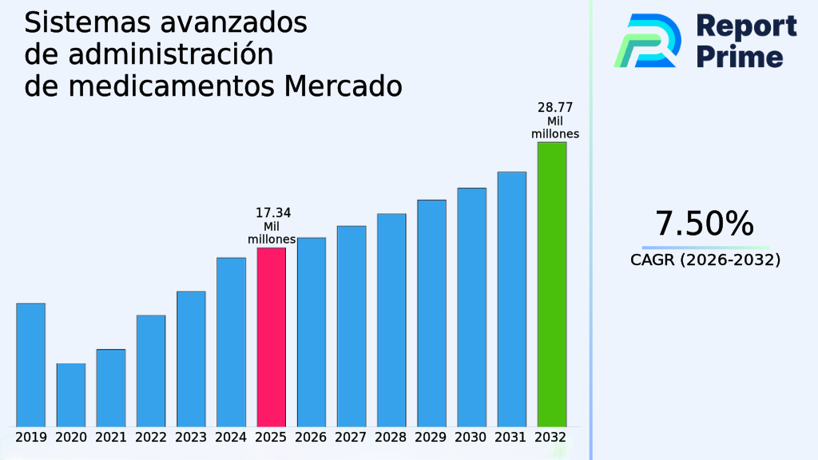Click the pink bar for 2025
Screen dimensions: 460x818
click(x=271, y=336)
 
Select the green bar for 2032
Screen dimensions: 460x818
click(x=551, y=284)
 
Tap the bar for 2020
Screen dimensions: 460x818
click(x=70, y=395)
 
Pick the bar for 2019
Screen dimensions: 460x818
click(x=30, y=364)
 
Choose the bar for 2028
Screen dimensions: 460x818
click(x=391, y=319)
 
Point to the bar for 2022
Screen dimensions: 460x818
click(x=151, y=371)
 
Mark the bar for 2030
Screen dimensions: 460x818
click(x=471, y=307)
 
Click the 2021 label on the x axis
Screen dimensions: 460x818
click(x=111, y=438)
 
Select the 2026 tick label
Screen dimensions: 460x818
click(x=311, y=438)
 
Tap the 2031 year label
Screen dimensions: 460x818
click(x=511, y=438)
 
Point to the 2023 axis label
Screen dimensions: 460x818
click(x=191, y=438)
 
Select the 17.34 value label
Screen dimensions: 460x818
click(x=272, y=212)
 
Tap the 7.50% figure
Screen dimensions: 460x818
click(x=704, y=224)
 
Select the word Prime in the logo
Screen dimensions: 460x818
click(x=740, y=57)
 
